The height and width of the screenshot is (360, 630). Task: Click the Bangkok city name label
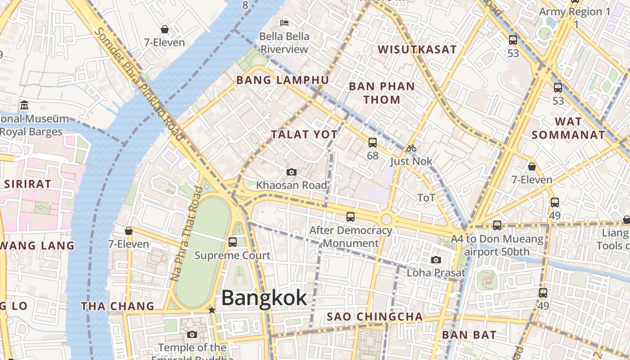264,298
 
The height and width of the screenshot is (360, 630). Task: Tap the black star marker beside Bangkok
211,310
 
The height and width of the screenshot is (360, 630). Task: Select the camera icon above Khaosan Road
292,172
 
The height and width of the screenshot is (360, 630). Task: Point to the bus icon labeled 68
373,143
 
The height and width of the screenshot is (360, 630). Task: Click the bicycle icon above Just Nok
411,148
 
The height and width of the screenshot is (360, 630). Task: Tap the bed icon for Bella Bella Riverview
284,22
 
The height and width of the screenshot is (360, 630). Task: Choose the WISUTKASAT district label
417,49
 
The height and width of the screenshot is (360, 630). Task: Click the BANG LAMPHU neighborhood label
283,80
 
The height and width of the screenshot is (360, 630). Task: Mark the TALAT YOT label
304,134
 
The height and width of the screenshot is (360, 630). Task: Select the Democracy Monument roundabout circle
386,220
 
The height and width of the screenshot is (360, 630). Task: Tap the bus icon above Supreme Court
233,242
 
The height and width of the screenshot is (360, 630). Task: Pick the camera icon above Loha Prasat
436,260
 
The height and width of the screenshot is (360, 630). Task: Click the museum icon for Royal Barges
24,105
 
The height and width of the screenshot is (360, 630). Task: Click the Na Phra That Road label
184,234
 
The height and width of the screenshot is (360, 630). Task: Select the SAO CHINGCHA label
375,317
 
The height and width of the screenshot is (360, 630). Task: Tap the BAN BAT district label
469,335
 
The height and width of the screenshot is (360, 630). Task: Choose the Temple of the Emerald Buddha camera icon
192,335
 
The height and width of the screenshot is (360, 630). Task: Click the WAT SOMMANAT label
568,128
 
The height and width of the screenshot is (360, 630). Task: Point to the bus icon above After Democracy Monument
351,217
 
